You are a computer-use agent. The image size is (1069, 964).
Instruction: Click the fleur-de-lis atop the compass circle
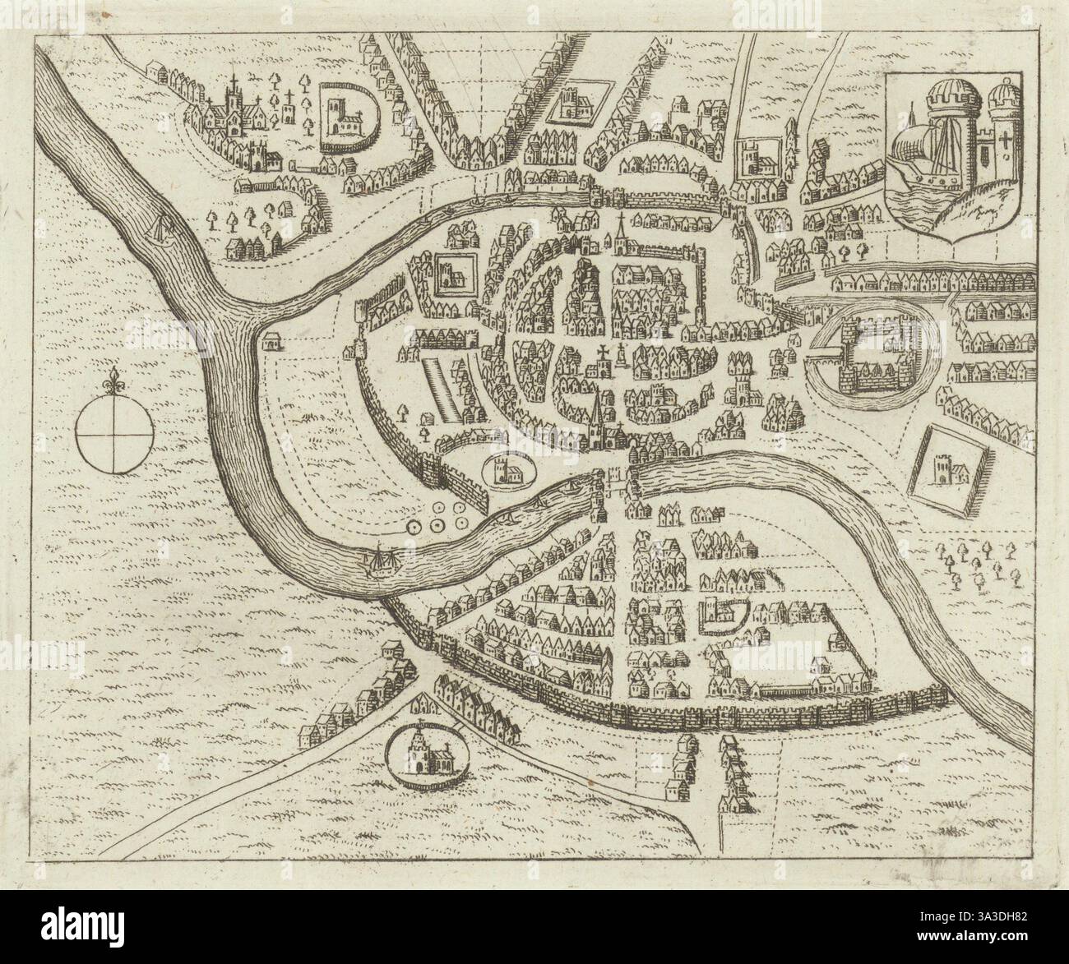[115, 381]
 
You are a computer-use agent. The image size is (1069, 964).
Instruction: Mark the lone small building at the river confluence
[271, 339]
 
